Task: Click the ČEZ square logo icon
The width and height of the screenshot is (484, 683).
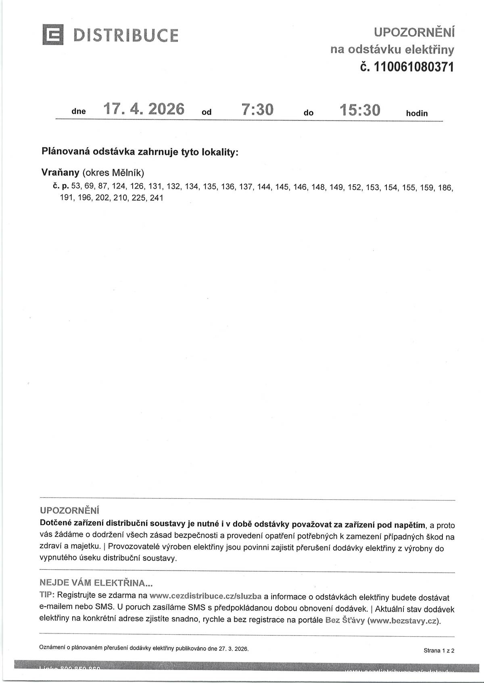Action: (x=53, y=35)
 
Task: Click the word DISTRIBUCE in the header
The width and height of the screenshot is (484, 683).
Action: (x=125, y=35)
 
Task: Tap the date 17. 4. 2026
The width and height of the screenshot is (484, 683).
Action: (x=144, y=109)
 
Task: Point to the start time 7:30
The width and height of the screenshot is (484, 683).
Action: (x=257, y=110)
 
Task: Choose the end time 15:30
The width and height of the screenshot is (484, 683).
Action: (x=360, y=110)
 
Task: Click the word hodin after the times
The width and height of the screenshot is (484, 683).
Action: (x=417, y=113)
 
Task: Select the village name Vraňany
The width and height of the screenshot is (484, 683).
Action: (x=60, y=172)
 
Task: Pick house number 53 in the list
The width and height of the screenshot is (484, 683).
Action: (x=75, y=187)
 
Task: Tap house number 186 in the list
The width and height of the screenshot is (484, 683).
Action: (x=445, y=187)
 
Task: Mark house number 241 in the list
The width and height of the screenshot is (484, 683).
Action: (x=156, y=198)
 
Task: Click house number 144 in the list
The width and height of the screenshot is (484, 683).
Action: (x=264, y=187)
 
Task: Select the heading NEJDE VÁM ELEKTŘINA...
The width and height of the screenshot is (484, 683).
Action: (x=96, y=583)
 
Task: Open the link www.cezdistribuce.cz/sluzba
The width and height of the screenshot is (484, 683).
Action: (x=206, y=596)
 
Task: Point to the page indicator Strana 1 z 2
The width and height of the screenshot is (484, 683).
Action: (x=439, y=650)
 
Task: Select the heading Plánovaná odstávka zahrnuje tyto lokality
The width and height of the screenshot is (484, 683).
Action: (x=140, y=152)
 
